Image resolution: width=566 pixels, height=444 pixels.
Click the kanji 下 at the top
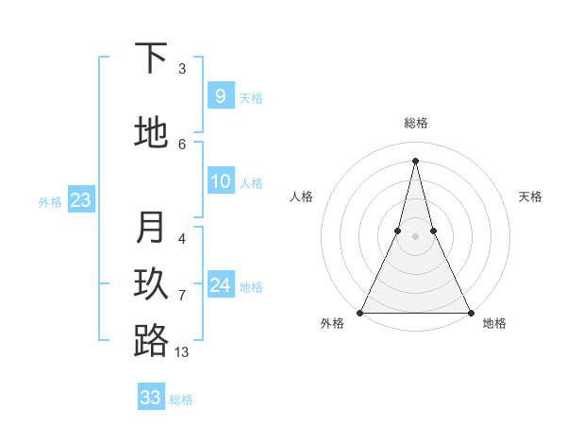151,60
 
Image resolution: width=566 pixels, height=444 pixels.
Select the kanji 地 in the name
151,132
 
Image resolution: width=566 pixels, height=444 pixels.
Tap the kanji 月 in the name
151,228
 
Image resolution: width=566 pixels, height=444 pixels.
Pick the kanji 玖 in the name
151,284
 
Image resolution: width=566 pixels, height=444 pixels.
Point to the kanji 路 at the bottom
151,341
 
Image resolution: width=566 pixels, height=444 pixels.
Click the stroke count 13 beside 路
182,351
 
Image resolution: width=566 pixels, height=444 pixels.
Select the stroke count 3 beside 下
182,68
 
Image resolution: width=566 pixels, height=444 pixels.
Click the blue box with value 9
220,95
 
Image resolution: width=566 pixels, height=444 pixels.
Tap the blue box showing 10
220,181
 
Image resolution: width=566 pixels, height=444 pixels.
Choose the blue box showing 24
220,284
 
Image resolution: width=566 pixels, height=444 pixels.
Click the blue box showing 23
80,199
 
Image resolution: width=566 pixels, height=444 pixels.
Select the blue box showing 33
151,398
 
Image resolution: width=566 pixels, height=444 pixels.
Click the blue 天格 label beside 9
251,97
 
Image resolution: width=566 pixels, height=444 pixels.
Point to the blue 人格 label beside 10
251,183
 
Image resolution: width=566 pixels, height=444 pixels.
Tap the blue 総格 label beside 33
181,400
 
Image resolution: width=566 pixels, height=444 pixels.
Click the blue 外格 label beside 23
50,201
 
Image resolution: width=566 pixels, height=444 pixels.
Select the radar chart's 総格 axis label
415,123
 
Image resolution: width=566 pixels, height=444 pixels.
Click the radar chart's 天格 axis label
530,196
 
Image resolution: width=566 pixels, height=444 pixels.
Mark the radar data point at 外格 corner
360,313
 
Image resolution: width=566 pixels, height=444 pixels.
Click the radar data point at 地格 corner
470,313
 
